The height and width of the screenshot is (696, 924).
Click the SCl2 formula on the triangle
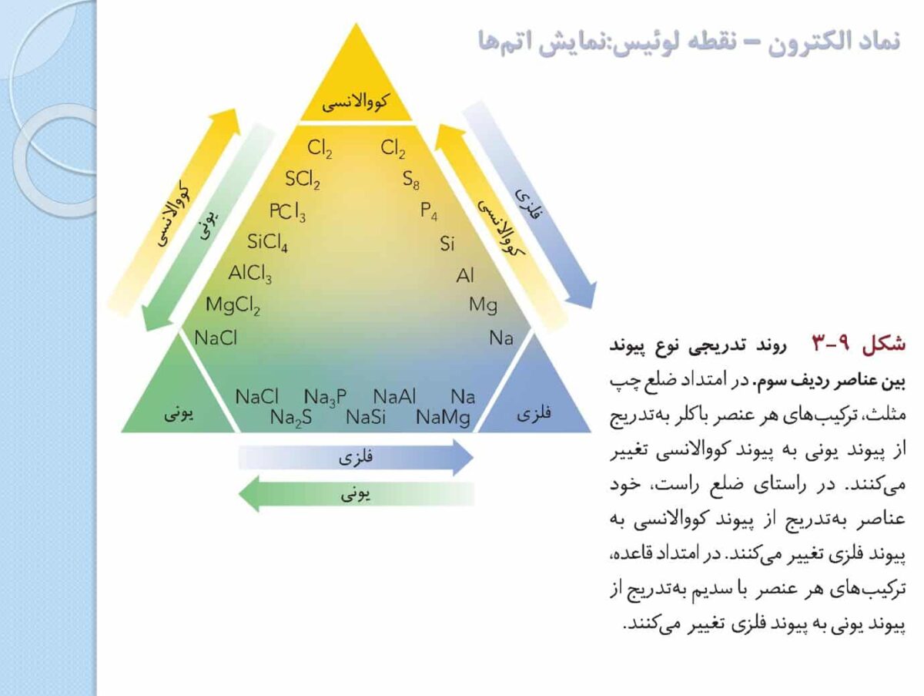pos(303,180)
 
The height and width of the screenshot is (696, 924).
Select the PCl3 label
pos(287,212)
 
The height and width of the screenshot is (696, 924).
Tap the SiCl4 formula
pos(267,242)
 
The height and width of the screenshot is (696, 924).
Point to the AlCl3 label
pos(250,274)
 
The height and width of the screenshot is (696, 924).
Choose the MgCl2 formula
pos(233,305)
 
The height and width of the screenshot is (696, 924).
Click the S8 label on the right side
pos(411,180)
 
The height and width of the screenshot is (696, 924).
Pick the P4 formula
pos(429,211)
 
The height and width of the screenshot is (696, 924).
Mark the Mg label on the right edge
pos(484,305)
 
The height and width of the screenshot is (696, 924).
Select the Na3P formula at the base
pos(325,397)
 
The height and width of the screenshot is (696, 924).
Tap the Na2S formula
pos(291,418)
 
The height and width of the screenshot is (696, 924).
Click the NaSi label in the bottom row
pos(366,418)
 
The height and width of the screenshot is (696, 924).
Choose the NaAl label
pos(394,397)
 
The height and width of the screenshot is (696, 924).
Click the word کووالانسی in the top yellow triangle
pos(355,103)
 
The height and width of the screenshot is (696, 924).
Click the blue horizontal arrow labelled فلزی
pos(357,458)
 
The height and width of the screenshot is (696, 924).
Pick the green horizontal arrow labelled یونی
pos(357,494)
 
